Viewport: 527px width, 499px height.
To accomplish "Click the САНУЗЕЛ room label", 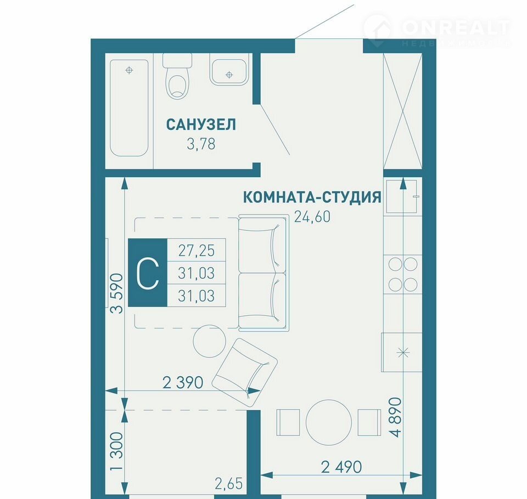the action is pos(201,124).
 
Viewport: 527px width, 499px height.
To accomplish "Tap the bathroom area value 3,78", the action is pos(201,144).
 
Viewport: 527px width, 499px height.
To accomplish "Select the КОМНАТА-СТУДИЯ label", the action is pos(312,197).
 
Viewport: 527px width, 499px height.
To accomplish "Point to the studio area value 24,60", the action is pos(312,217).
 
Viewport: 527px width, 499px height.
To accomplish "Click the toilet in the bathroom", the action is pos(177,76).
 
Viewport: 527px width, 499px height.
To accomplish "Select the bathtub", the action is pos(129,108).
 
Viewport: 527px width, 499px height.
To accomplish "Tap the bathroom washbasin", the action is pos(229,69).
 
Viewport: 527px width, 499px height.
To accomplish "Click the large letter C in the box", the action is pos(148,273).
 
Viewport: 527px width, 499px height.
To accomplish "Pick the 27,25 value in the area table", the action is pos(197,251).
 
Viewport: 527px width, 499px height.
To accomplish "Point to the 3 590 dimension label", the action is pos(117,293).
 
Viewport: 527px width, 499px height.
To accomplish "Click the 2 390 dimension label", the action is pos(183,383).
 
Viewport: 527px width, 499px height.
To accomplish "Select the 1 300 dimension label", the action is pos(117,451).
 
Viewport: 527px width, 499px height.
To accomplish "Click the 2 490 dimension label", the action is pos(341,467).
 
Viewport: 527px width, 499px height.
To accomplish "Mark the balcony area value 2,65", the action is pos(228,484).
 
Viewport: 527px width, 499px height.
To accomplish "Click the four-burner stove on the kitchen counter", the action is pos(403,274).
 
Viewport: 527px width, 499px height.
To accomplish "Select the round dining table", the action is pos(329,422).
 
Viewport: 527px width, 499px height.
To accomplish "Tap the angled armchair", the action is pos(245,373).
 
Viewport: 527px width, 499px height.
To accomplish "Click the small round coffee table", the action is pos(209,341).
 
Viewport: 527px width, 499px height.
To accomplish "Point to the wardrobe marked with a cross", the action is pos(403,111).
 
